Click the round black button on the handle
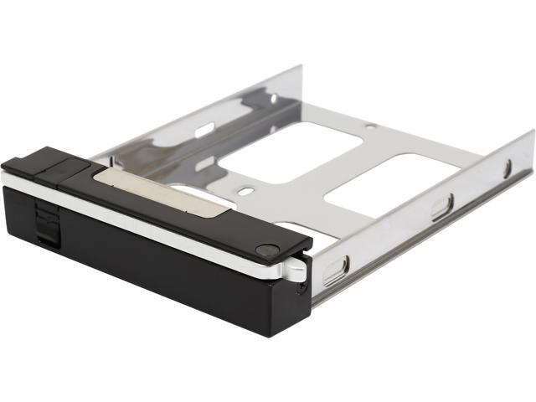pyautogui.click(x=267, y=249)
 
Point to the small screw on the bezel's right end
pyautogui.click(x=301, y=286)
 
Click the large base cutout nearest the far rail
pyautogui.click(x=293, y=151)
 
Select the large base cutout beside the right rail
pyautogui.click(x=385, y=179)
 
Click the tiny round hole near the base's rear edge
pyautogui.click(x=369, y=126)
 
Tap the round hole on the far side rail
pyautogui.click(x=274, y=98)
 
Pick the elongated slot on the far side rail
pyautogui.click(x=204, y=131)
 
